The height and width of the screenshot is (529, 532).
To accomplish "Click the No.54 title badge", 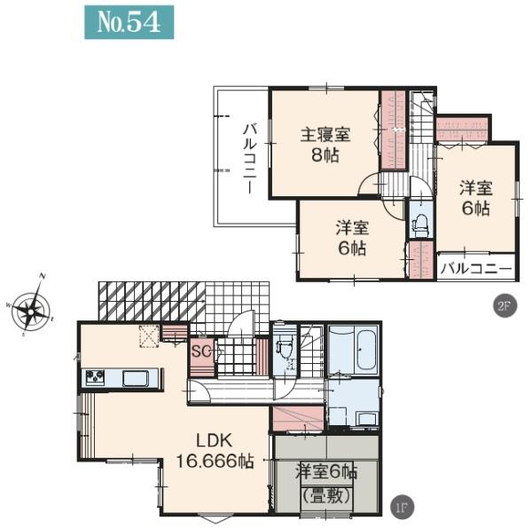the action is coord(129,22).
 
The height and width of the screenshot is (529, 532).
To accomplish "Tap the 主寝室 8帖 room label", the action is coord(325,145).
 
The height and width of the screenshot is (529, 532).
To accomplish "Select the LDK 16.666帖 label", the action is coord(215,451).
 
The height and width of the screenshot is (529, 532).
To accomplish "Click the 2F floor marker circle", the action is coord(505,306).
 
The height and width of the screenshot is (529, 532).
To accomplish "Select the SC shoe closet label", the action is coord(201,351).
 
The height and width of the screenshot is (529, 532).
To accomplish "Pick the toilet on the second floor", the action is coord(420,225).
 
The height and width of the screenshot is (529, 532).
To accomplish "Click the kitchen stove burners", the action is coord(95,377).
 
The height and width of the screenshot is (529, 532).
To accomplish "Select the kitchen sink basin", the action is coord(136,378).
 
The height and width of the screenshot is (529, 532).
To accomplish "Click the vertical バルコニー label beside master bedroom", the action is coord(249,159).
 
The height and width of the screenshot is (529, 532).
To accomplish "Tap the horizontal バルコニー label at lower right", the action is coord(476,269).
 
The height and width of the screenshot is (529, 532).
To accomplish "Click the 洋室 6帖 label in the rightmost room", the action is coord(475,198).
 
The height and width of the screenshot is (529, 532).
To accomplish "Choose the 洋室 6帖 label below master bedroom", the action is coord(352,238).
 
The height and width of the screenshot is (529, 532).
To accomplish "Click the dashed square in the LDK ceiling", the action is coord(149,336).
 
